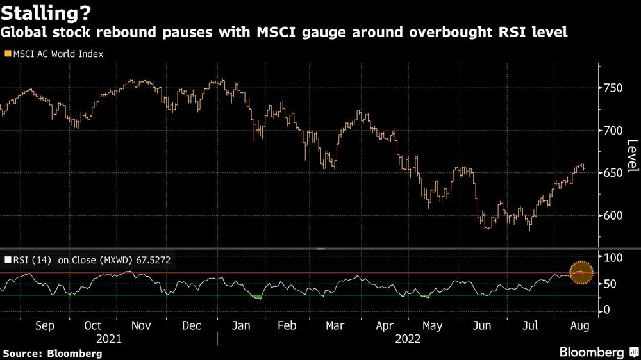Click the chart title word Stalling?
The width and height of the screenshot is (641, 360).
pos(46,12)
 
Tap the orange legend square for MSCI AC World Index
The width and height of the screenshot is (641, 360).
pos(7,54)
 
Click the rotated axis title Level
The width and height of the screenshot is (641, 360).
pos(632,156)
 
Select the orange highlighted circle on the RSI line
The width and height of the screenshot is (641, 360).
pos(580,274)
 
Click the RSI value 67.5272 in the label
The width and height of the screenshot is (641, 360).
pos(152,260)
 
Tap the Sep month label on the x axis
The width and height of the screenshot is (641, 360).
pos(44,325)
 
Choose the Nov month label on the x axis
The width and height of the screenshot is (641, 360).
pos(142,325)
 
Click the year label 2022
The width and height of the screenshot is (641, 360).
pos(408,339)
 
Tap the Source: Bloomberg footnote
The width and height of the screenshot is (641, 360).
pos(53,353)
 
